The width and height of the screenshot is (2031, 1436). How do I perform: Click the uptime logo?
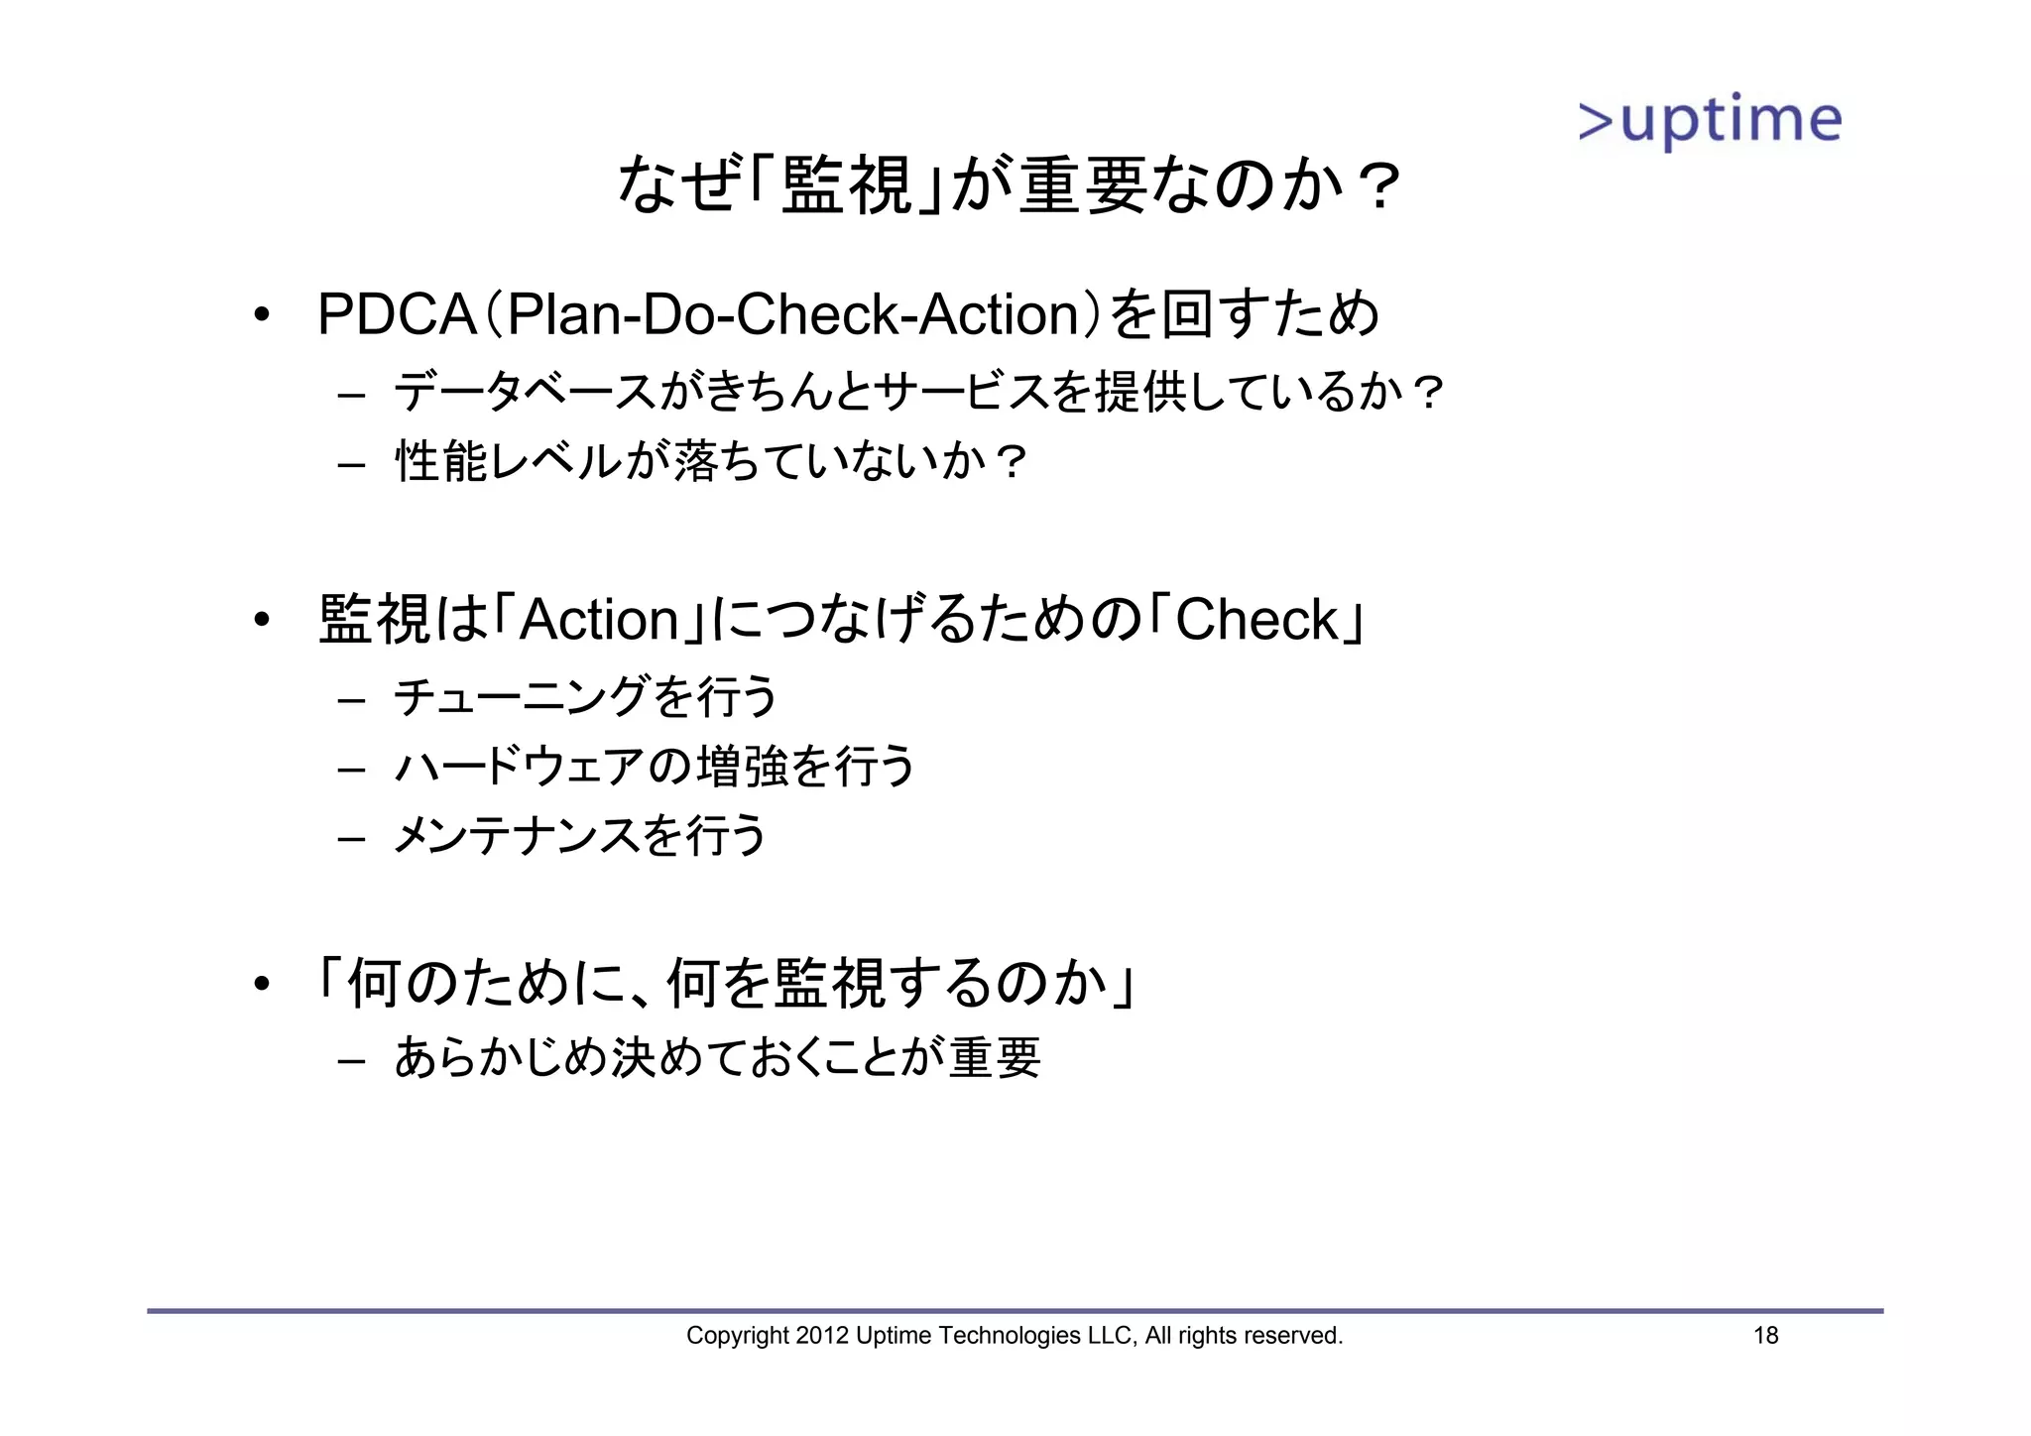[1709, 122]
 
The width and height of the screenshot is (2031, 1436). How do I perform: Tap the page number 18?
[1765, 1336]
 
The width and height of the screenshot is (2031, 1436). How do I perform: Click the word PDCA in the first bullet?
[396, 314]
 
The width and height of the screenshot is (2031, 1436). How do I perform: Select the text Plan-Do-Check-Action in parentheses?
[792, 314]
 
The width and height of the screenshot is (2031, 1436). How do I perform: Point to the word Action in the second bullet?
[598, 620]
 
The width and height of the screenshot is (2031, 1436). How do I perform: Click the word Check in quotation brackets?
[1256, 620]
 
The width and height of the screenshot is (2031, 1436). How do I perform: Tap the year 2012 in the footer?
[822, 1336]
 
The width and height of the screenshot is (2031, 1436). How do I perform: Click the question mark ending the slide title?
[1378, 187]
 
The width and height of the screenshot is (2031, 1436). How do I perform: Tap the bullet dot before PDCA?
[261, 316]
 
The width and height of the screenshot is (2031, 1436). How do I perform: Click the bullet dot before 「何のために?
[261, 985]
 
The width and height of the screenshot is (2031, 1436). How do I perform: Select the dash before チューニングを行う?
[351, 699]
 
